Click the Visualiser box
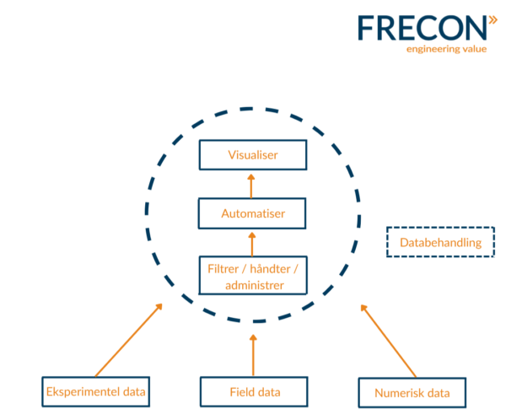coord(253,154)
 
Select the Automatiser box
coord(252,213)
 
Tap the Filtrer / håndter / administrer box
coord(253,276)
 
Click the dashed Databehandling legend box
coord(440,242)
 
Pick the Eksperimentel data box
coord(96,391)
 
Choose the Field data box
coord(254,391)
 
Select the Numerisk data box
coord(412,392)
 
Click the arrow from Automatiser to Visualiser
coord(251,186)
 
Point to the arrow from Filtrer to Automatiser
coord(252,245)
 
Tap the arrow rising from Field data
coord(253,355)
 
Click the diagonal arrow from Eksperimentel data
coord(128,340)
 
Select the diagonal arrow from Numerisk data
coord(388,341)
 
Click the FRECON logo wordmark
coord(423,28)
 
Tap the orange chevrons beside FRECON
coord(493,20)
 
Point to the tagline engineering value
coord(446,49)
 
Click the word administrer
coord(255,285)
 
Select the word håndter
coord(270,268)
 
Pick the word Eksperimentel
coord(83,391)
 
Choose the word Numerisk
coord(395,393)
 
